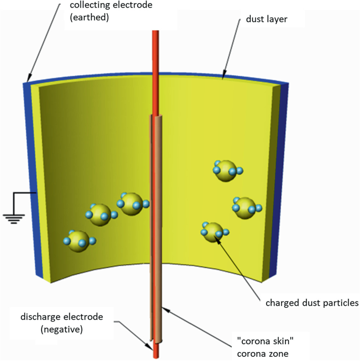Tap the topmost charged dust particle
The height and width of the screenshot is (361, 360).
tap(226, 170)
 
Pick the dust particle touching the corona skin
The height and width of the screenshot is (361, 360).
tap(131, 203)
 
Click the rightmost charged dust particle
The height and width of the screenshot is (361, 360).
tap(244, 206)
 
